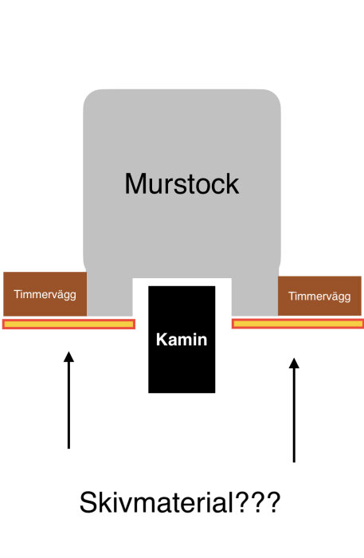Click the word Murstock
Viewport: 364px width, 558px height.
click(x=182, y=184)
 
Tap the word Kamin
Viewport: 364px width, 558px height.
click(x=182, y=340)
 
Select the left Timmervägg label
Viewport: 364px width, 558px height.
click(x=45, y=294)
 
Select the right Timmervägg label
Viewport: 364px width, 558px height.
click(x=319, y=296)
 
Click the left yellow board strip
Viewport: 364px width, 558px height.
click(x=69, y=324)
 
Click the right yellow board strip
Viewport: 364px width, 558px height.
click(x=297, y=323)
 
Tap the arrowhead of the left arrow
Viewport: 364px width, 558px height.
click(x=69, y=356)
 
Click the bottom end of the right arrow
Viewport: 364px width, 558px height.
click(x=295, y=460)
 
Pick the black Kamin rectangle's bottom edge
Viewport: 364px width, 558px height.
click(x=182, y=391)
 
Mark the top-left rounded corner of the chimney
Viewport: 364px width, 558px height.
click(x=93, y=100)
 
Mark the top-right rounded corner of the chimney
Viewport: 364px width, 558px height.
click(x=271, y=100)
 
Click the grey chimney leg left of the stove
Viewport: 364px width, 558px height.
click(x=109, y=295)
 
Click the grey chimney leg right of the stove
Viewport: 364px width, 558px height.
click(x=254, y=295)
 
